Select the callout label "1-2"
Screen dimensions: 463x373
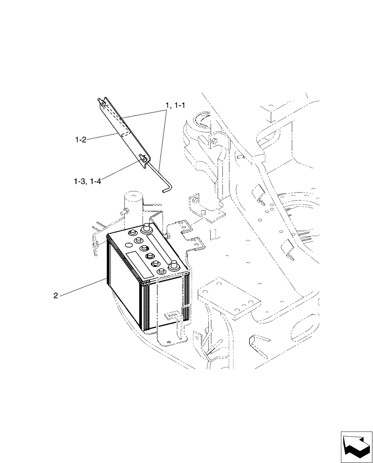pyautogui.click(x=81, y=138)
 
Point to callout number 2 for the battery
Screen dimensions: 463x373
pyautogui.click(x=56, y=296)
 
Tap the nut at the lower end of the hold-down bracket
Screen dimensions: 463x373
pyautogui.click(x=143, y=159)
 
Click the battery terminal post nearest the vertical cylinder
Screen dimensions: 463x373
pyautogui.click(x=147, y=227)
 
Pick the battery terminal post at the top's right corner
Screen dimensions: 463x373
pyautogui.click(x=174, y=265)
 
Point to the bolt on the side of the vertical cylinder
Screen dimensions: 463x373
pyautogui.click(x=125, y=212)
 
